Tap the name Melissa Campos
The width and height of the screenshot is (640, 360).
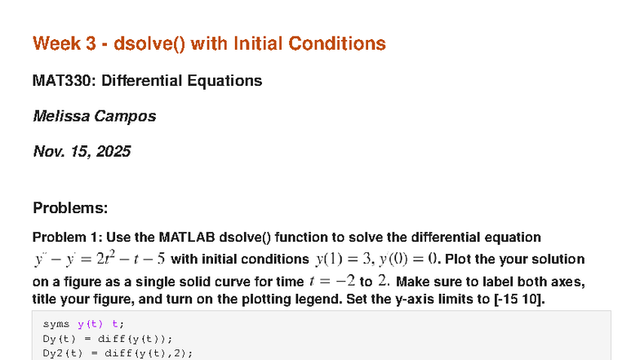click(x=94, y=116)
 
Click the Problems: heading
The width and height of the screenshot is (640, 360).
click(x=70, y=208)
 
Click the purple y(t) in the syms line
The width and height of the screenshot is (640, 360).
click(x=87, y=324)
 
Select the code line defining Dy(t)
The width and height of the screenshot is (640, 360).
click(x=108, y=339)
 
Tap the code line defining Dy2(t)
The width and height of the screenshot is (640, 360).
click(x=118, y=353)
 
